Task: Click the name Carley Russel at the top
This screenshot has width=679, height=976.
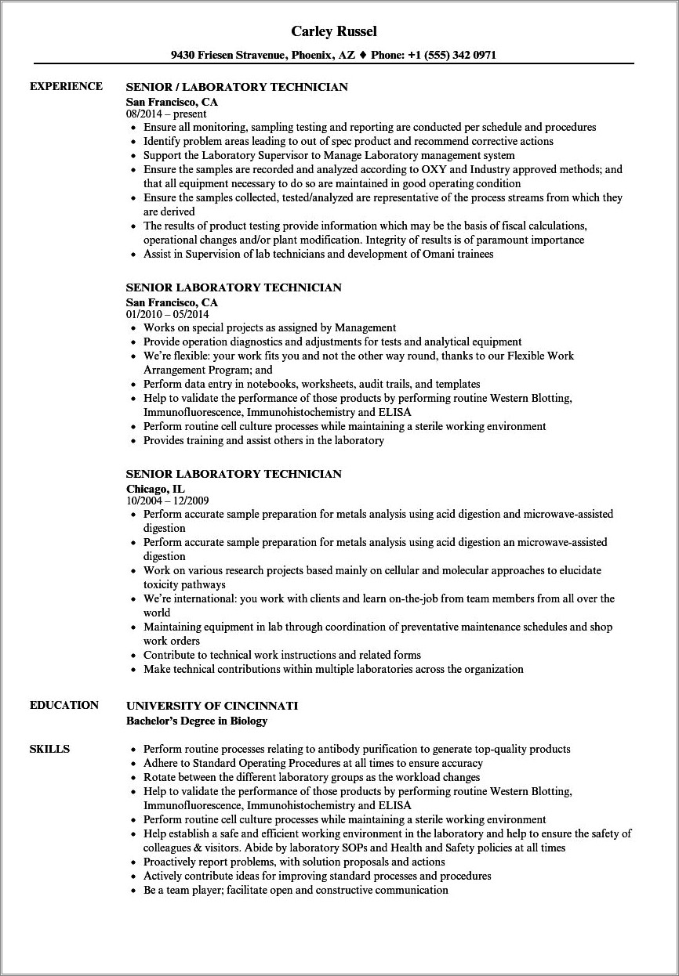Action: (334, 31)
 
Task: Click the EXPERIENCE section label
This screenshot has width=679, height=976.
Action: (66, 86)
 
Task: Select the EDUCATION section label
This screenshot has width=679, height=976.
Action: (64, 705)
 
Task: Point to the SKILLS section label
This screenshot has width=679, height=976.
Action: (49, 749)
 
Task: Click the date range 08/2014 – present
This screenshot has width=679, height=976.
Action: (166, 114)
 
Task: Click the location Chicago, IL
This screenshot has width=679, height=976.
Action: (155, 488)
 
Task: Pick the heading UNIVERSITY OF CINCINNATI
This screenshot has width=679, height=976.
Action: (212, 706)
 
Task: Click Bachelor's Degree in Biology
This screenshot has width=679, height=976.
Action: (197, 720)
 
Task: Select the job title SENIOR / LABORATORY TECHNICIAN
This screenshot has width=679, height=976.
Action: (236, 87)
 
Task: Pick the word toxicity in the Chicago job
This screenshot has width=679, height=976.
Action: (162, 584)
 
